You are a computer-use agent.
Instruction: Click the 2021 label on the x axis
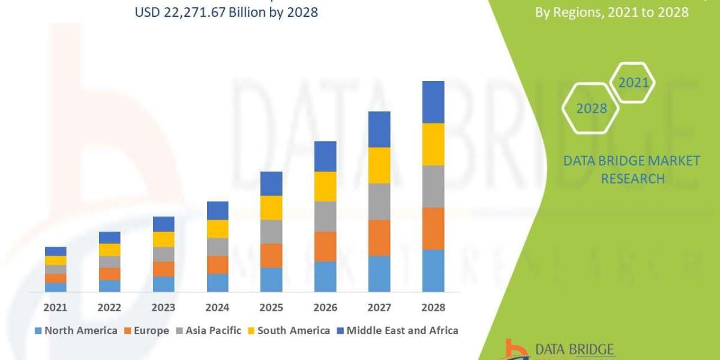(x=55, y=307)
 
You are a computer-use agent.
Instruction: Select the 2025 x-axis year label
(x=271, y=307)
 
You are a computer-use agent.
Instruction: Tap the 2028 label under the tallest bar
(x=433, y=307)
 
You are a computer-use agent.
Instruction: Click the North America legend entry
(x=76, y=331)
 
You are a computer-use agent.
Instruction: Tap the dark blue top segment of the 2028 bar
(x=433, y=102)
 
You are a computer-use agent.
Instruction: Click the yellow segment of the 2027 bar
(x=379, y=165)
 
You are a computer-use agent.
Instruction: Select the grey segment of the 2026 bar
(x=325, y=216)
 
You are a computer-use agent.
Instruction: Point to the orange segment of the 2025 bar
(x=271, y=256)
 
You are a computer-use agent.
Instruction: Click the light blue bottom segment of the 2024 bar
(x=217, y=283)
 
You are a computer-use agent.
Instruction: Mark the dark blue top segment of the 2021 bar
(x=55, y=251)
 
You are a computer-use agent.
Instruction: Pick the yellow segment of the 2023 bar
(x=163, y=239)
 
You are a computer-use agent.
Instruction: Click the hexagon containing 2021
(x=633, y=82)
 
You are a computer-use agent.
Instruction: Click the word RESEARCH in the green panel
(x=632, y=179)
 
